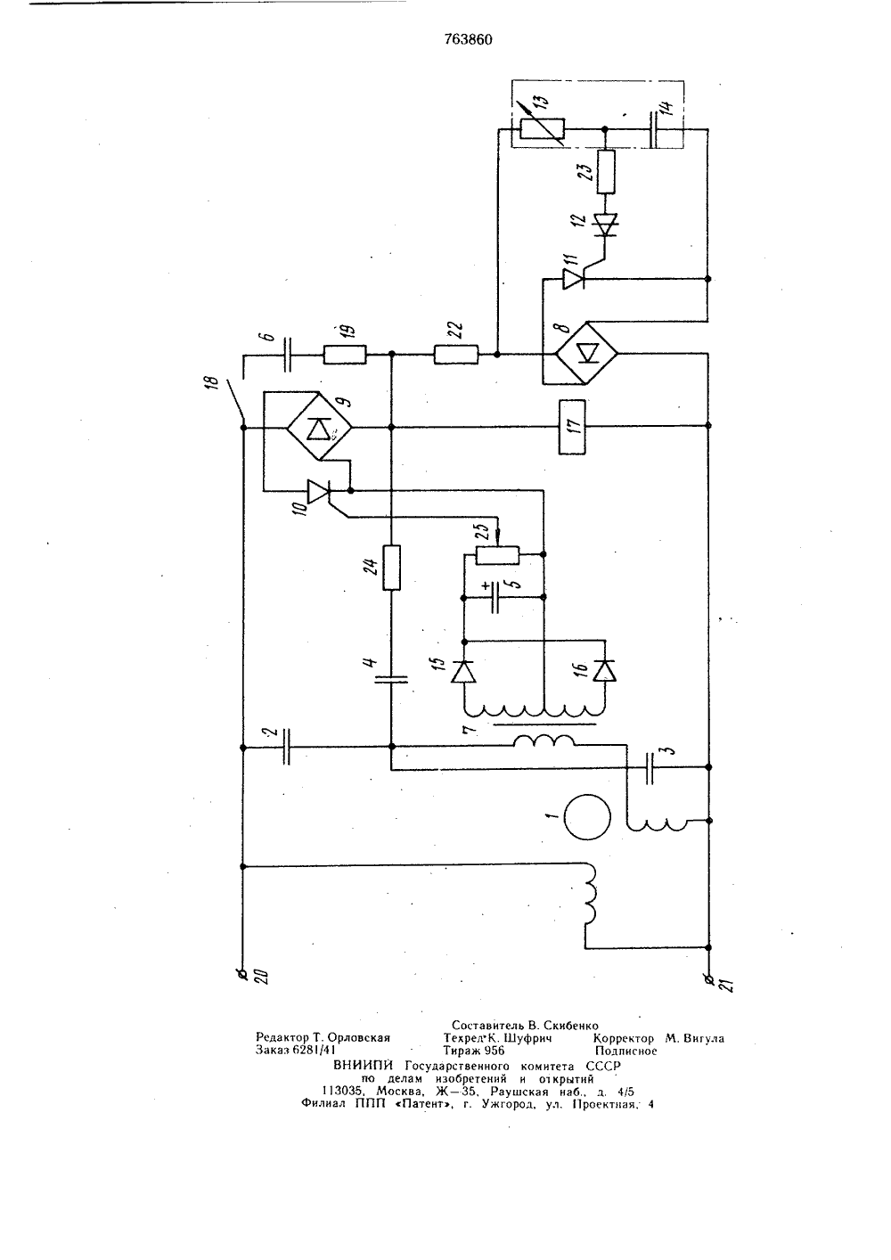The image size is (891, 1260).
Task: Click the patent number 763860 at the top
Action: tap(468, 39)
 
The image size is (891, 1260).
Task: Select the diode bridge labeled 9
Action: tap(319, 427)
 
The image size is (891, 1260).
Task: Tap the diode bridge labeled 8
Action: tap(586, 353)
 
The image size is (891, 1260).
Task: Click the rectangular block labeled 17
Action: tap(571, 426)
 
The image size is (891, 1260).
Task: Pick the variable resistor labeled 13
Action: tap(543, 130)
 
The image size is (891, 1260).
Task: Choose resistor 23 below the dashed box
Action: tap(605, 172)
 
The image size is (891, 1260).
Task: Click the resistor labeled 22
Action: tap(456, 355)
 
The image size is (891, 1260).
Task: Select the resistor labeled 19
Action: tap(345, 355)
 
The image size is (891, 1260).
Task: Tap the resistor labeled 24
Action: tap(391, 567)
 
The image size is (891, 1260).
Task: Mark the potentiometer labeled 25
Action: tap(498, 554)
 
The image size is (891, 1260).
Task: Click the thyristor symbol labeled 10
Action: tap(318, 491)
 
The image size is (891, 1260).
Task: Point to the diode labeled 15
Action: tap(464, 672)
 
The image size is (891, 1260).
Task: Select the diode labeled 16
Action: tap(605, 672)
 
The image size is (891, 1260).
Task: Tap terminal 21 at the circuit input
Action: tap(708, 974)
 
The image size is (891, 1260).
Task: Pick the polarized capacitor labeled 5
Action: tap(495, 597)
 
